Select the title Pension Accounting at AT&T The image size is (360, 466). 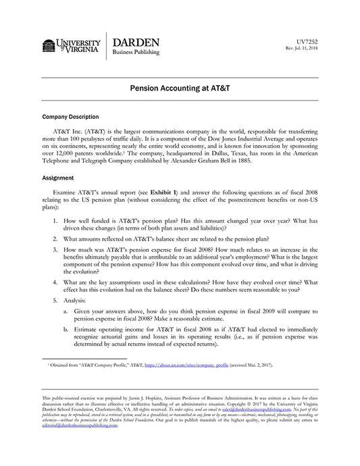pos(180,88)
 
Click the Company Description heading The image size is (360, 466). pos(70,117)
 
